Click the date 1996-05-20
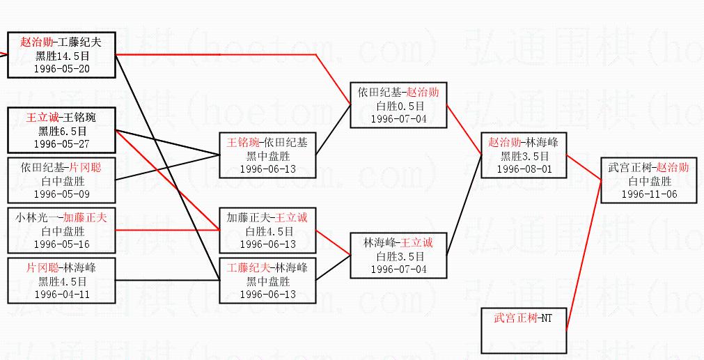(61, 69)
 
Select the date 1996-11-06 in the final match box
(649, 194)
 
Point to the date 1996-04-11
(61, 294)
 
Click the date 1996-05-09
(61, 194)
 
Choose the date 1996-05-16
(61, 244)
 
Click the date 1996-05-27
(61, 144)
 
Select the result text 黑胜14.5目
(61, 56)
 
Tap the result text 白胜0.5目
(398, 105)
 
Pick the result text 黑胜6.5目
(61, 131)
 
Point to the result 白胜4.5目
(267, 231)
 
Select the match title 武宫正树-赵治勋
(649, 168)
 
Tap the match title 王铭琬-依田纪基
(267, 143)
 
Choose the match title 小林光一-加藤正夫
(61, 218)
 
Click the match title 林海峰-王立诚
(398, 243)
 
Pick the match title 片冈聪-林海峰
(61, 267)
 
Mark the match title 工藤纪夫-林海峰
(267, 267)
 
